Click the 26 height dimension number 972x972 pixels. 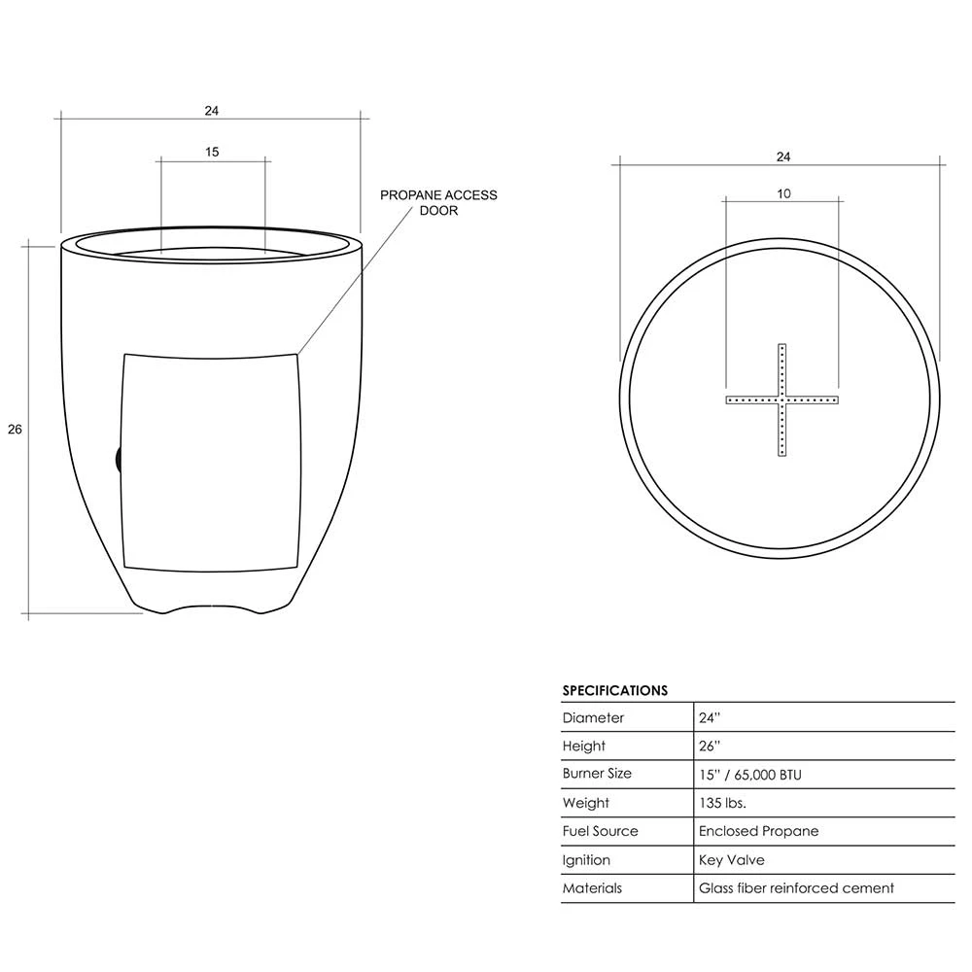[15, 429]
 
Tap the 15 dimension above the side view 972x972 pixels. [212, 152]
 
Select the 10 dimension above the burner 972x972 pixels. [783, 194]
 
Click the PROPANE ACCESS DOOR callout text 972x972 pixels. [438, 203]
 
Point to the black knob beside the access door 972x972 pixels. [119, 460]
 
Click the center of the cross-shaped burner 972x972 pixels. [782, 400]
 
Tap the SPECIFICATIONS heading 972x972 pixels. [615, 690]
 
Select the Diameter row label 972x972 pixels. [593, 718]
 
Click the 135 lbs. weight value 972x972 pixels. [722, 803]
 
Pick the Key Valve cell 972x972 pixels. [732, 860]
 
